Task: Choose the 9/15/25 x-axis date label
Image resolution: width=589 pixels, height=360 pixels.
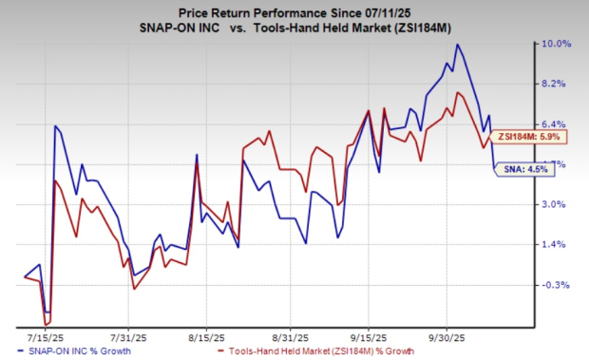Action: click(x=368, y=336)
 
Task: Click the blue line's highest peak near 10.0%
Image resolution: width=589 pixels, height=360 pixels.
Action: click(x=458, y=45)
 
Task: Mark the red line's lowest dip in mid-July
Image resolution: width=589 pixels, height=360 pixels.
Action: click(x=46, y=324)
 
